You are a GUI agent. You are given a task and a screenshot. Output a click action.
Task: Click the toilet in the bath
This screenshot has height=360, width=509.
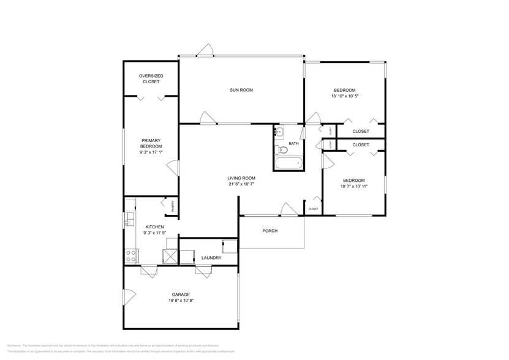(282, 149)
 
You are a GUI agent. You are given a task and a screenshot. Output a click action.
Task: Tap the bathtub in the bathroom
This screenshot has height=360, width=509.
(288, 163)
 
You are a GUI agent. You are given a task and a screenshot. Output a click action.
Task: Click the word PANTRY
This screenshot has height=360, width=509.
(173, 206)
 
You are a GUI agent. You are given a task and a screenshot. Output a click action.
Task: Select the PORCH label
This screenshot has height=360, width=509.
(270, 231)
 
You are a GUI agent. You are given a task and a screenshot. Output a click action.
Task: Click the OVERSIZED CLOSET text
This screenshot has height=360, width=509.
(151, 78)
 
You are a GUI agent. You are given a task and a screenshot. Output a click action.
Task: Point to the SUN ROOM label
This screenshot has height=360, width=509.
(241, 90)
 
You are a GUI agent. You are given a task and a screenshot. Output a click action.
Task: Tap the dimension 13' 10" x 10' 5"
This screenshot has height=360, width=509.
(345, 96)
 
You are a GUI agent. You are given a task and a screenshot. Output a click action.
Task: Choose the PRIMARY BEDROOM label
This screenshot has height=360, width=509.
(151, 147)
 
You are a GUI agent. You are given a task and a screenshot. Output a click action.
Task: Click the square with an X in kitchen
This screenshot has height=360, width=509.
(170, 257)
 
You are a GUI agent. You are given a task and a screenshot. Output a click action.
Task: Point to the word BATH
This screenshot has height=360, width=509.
(294, 144)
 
